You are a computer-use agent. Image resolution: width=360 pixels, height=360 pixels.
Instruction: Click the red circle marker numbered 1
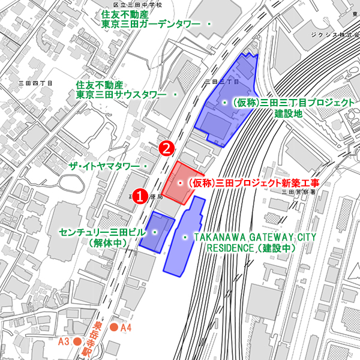coord(139,196)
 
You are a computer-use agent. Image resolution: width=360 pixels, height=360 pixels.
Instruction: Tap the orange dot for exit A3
coord(77,341)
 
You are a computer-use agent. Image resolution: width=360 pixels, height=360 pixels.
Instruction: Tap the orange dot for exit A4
coord(113,328)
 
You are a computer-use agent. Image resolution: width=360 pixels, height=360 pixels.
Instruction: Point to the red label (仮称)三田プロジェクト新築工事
coord(251,182)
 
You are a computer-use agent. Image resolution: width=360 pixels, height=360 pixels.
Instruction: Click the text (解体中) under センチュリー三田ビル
coord(107,243)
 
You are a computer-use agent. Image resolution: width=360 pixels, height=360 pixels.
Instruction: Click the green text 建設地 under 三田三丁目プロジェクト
coord(289,113)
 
